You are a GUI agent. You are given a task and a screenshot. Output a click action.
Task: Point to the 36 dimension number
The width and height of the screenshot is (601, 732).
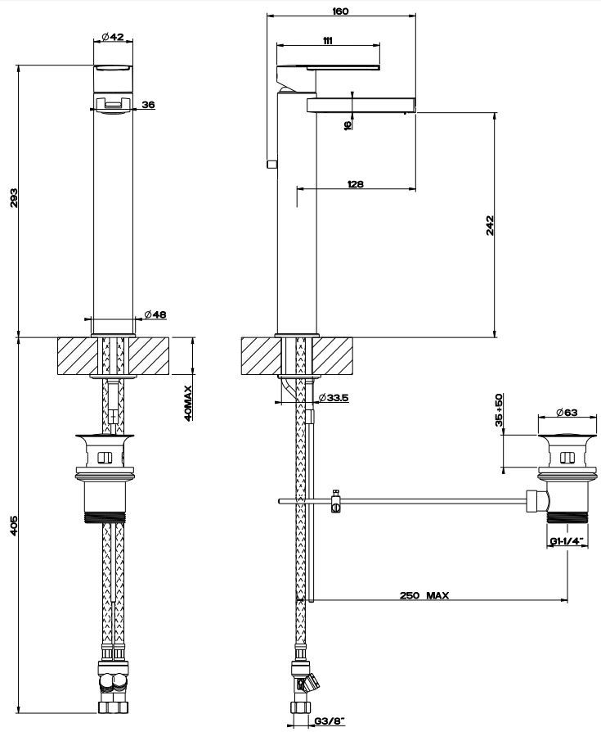[148, 104]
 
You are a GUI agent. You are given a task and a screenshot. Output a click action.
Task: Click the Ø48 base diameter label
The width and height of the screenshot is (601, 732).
[155, 314]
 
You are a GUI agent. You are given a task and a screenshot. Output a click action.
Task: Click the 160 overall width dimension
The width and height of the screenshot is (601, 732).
[341, 11]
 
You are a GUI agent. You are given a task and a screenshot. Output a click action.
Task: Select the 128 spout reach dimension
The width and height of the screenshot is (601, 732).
[355, 184]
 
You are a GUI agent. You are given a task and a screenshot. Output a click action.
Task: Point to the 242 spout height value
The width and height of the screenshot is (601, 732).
[490, 224]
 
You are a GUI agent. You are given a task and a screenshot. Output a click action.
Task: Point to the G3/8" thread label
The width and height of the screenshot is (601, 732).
[330, 721]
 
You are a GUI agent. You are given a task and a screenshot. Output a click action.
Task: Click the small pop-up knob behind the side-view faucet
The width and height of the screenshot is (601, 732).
[271, 164]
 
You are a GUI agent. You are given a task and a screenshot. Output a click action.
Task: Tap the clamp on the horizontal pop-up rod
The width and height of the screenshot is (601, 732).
[335, 501]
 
